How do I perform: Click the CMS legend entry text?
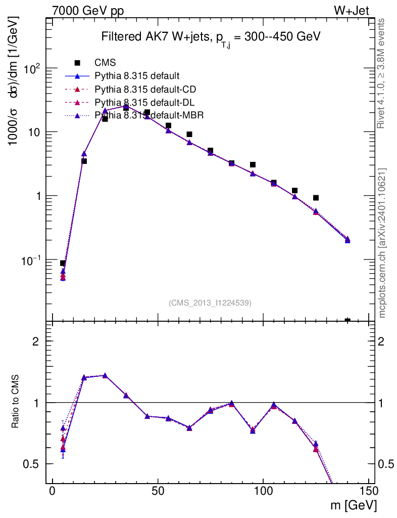[x=105, y=63]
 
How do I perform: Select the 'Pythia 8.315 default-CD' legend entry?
[x=145, y=90]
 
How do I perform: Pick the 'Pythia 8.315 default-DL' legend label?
[x=144, y=103]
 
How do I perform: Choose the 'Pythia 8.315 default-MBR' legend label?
[x=149, y=116]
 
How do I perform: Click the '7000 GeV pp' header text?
[x=88, y=11]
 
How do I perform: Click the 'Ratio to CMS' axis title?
[x=16, y=402]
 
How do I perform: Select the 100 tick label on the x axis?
[x=263, y=491]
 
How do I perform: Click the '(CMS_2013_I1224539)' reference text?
[x=210, y=303]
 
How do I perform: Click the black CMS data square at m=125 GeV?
[x=316, y=198]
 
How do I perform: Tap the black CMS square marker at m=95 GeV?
[x=253, y=165]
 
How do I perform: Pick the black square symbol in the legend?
[x=77, y=63]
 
